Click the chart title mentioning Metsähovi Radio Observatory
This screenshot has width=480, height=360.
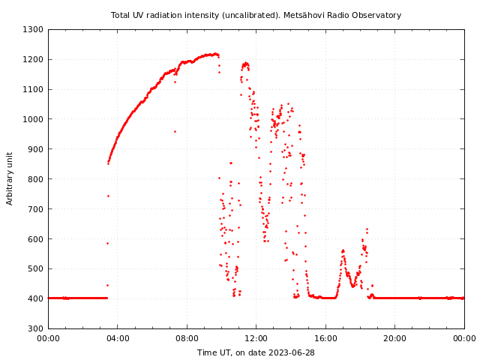click(x=256, y=15)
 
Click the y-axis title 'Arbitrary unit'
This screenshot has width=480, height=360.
click(x=10, y=178)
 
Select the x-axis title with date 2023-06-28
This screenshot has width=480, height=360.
click(x=256, y=352)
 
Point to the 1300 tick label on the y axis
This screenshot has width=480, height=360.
click(x=33, y=29)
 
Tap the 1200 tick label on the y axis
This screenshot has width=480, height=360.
click(x=33, y=59)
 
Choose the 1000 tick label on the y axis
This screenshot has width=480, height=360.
click(x=33, y=119)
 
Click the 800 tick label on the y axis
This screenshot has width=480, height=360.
click(x=35, y=179)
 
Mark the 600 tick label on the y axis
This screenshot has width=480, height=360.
click(x=35, y=238)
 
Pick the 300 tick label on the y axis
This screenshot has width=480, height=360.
click(x=35, y=328)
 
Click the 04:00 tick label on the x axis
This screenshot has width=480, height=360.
click(x=118, y=338)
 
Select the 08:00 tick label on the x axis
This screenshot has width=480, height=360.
click(x=187, y=338)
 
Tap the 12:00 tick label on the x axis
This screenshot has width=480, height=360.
click(x=256, y=338)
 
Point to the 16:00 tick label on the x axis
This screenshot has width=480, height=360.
click(x=325, y=338)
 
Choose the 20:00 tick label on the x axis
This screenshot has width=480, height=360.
click(x=395, y=338)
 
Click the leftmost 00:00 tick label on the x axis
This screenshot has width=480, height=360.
click(x=49, y=338)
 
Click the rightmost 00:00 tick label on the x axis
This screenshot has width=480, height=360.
click(x=464, y=338)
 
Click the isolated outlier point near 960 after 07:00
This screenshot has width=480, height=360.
click(x=175, y=131)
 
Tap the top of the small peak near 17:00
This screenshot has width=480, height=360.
click(x=343, y=250)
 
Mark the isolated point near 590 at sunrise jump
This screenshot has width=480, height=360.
click(x=107, y=243)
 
